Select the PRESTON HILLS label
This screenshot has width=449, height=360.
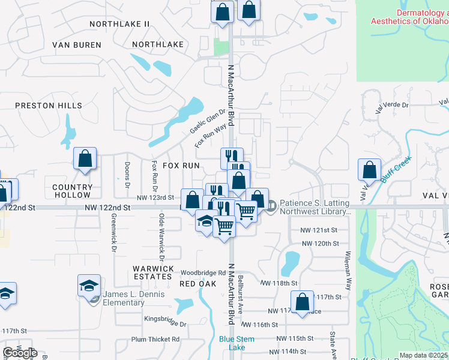point(48,106)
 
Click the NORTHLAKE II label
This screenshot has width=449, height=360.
point(119,24)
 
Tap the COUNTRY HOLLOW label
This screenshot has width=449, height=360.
point(72,191)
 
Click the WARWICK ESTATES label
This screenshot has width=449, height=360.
point(154,272)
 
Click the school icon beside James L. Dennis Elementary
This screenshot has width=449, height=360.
point(89,285)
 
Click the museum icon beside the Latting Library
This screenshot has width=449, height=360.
point(271,207)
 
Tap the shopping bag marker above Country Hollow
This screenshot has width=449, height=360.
point(85,159)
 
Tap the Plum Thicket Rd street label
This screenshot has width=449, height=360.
point(155,339)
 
